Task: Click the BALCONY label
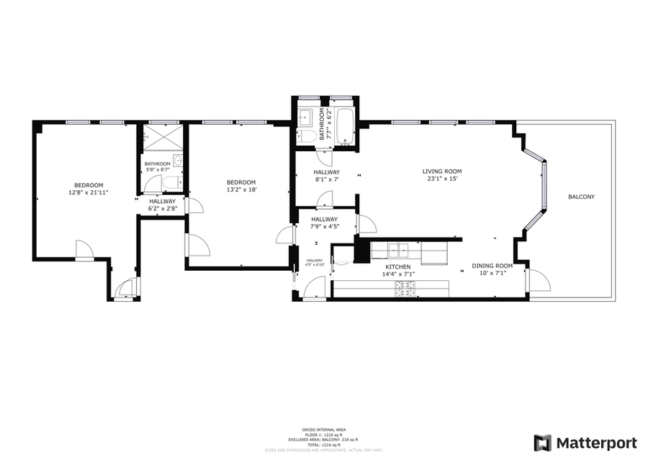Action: coord(581,197)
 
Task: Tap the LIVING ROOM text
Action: coord(441,171)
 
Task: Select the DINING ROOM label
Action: coord(492,266)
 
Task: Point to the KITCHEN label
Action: coord(397,266)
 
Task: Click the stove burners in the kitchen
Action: coord(406,288)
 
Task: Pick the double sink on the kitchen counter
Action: coord(398,250)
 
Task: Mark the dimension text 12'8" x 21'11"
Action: coord(88,193)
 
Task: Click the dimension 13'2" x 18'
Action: coord(241,190)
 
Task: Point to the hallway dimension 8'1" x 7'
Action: coord(326,180)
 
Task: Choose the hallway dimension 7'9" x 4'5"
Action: coord(324,227)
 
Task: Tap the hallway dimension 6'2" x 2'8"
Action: coord(162,209)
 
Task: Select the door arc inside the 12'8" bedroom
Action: coord(85,250)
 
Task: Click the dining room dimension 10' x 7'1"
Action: coord(492,274)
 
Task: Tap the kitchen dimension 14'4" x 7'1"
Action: coord(397,274)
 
